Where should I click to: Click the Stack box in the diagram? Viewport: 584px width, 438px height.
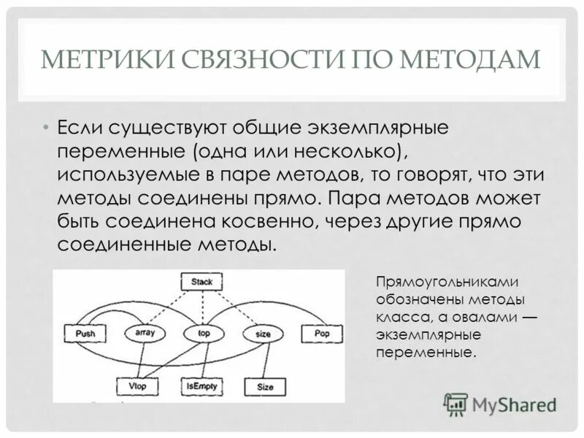point(201,281)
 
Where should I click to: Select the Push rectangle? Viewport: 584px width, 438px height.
point(85,334)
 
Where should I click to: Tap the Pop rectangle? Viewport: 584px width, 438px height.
point(322,333)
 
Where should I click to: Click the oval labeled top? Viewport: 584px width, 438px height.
point(204,334)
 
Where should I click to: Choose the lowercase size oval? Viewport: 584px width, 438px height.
point(263,334)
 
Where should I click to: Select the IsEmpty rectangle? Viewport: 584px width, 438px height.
point(202,385)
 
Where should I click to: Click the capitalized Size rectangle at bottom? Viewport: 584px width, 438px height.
point(265,386)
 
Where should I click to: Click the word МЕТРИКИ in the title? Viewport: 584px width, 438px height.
point(93,59)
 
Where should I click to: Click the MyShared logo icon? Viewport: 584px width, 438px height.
point(456,404)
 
